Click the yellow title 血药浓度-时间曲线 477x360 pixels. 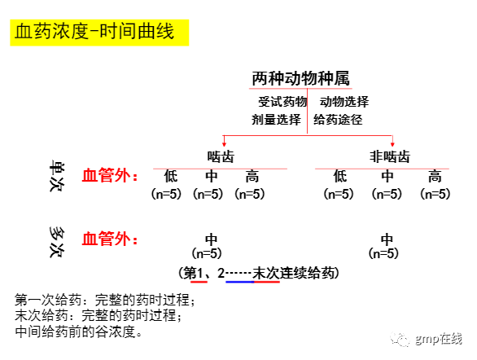coord(94,32)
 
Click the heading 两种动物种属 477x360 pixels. coord(300,78)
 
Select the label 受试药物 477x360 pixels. coord(282,102)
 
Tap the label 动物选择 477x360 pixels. coord(344,102)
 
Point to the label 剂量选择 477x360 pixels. coord(276,119)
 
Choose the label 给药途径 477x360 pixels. coord(338,119)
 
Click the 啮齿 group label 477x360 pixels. coord(221,156)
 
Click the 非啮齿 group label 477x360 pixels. coord(390,156)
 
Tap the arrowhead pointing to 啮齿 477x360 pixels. coord(224,144)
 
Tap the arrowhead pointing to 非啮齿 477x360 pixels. coord(392,144)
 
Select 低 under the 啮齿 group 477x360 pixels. coord(171,176)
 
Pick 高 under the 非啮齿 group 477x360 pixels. coord(435,176)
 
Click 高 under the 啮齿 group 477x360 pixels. coord(252,176)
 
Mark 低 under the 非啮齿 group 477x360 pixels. coord(339,176)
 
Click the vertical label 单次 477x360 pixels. coord(57,176)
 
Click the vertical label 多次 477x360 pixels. coord(57,242)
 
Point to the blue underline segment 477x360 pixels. coord(239,282)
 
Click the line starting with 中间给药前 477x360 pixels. coord(78,331)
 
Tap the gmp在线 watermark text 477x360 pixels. coord(439,339)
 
